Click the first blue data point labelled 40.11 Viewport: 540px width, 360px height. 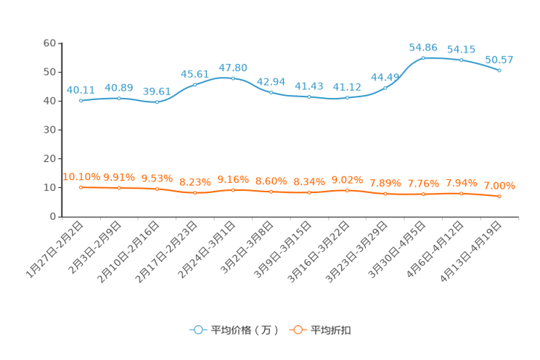click(81, 101)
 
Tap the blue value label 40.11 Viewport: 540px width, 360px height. click(81, 90)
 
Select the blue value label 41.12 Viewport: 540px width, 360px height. click(347, 86)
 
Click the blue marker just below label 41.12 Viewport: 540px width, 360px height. click(348, 97)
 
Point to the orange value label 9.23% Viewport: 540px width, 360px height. click(195, 182)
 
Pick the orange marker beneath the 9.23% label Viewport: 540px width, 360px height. click(195, 194)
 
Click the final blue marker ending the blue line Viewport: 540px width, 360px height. click(500, 70)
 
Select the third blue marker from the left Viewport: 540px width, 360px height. click(157, 102)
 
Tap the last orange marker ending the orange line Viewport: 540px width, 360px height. click(500, 197)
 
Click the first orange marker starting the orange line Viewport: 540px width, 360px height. click(81, 187)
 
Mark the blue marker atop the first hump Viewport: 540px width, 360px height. click(233, 78)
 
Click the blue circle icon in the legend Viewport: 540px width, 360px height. click(197, 330)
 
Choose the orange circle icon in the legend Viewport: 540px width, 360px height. click(298, 330)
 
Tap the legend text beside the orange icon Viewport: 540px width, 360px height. click(332, 330)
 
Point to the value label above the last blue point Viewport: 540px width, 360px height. click(499, 60)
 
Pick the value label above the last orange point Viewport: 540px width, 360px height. click(499, 186)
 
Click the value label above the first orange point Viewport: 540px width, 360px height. click(81, 176)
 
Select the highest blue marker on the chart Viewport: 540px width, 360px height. click(423, 57)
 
